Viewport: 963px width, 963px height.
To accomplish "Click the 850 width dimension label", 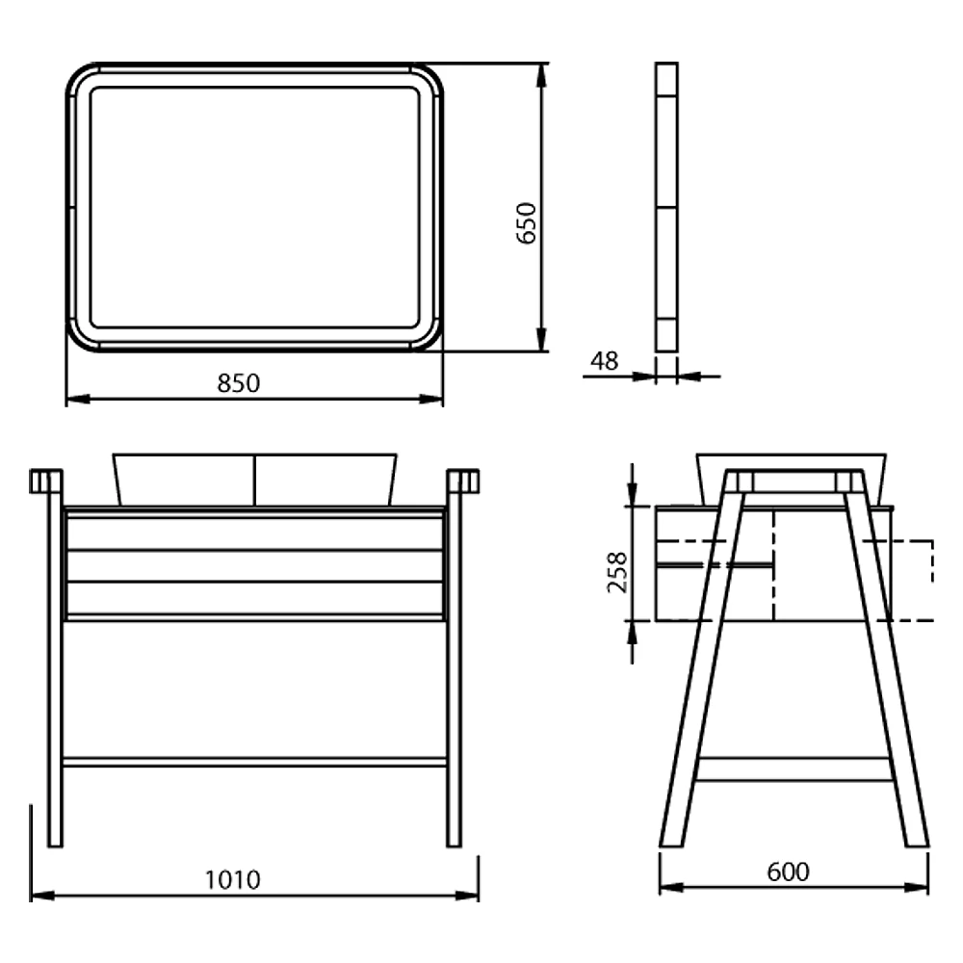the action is (x=238, y=383).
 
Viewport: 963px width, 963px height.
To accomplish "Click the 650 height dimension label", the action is (x=527, y=223).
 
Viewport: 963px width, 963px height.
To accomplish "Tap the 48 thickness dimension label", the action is (x=605, y=361).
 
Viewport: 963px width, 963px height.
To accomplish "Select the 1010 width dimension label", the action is (x=232, y=880).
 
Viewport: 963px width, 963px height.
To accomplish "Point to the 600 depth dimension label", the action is (x=788, y=872).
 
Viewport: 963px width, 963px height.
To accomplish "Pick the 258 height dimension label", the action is (x=617, y=572).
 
